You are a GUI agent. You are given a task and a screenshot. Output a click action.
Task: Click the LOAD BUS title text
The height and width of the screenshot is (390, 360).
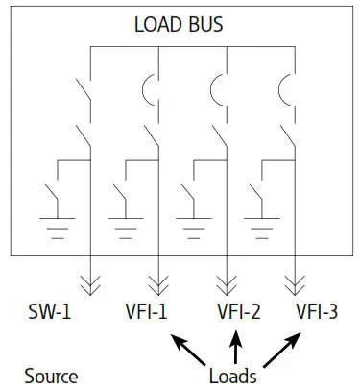pyautogui.click(x=180, y=22)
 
